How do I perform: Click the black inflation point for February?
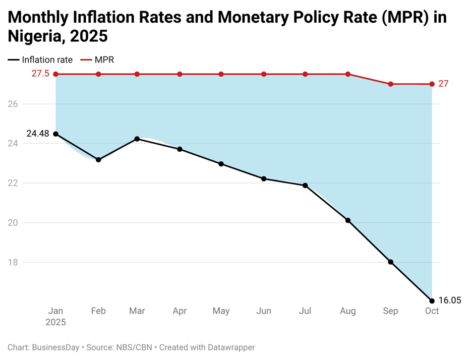98,160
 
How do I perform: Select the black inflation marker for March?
137,139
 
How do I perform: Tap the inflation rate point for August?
348,220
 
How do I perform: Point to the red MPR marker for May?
221,74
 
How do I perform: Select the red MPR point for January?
55,74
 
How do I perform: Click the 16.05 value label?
450,301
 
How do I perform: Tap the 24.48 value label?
38,134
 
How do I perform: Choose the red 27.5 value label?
40,74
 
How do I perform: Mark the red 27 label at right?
443,84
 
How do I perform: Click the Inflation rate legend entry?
47,59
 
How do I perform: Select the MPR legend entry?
104,59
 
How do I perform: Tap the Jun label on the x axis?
263,311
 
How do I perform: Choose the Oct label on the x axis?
432,311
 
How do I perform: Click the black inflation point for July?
305,186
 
